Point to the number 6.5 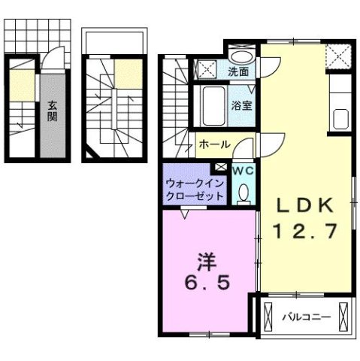coord(204,286)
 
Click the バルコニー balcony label coord(306,317)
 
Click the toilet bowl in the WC coord(242,194)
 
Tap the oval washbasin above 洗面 coord(242,56)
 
